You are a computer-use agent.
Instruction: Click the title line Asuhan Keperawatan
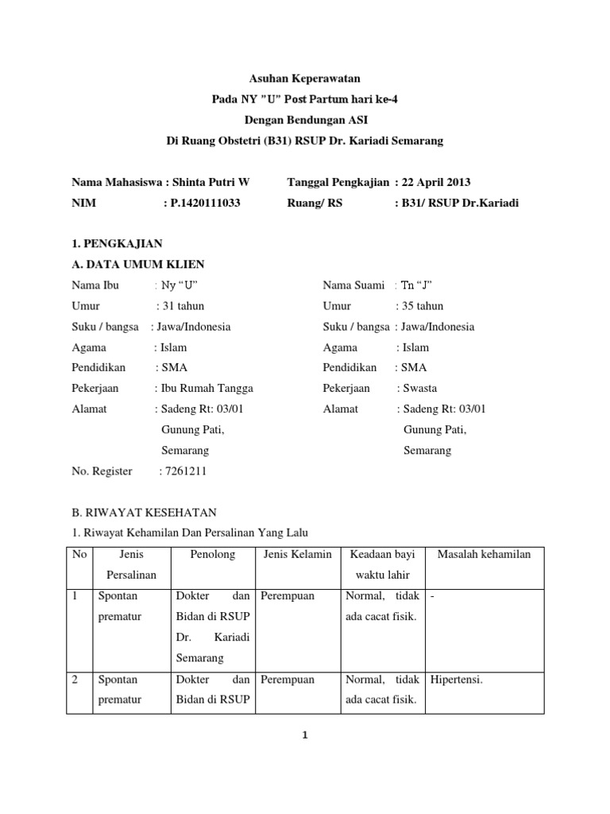point(305,79)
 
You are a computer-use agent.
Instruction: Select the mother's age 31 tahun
point(182,306)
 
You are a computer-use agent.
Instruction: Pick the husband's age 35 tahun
point(421,306)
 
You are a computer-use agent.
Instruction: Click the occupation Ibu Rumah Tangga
point(205,389)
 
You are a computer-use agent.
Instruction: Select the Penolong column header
point(213,554)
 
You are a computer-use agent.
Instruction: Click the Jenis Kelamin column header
point(297,554)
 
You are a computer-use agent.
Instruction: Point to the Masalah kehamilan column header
point(485,554)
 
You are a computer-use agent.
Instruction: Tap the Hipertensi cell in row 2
point(457,680)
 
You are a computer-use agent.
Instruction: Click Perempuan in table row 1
point(288,595)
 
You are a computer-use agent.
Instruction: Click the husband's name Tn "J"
point(417,285)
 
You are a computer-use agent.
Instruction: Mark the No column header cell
point(79,554)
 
